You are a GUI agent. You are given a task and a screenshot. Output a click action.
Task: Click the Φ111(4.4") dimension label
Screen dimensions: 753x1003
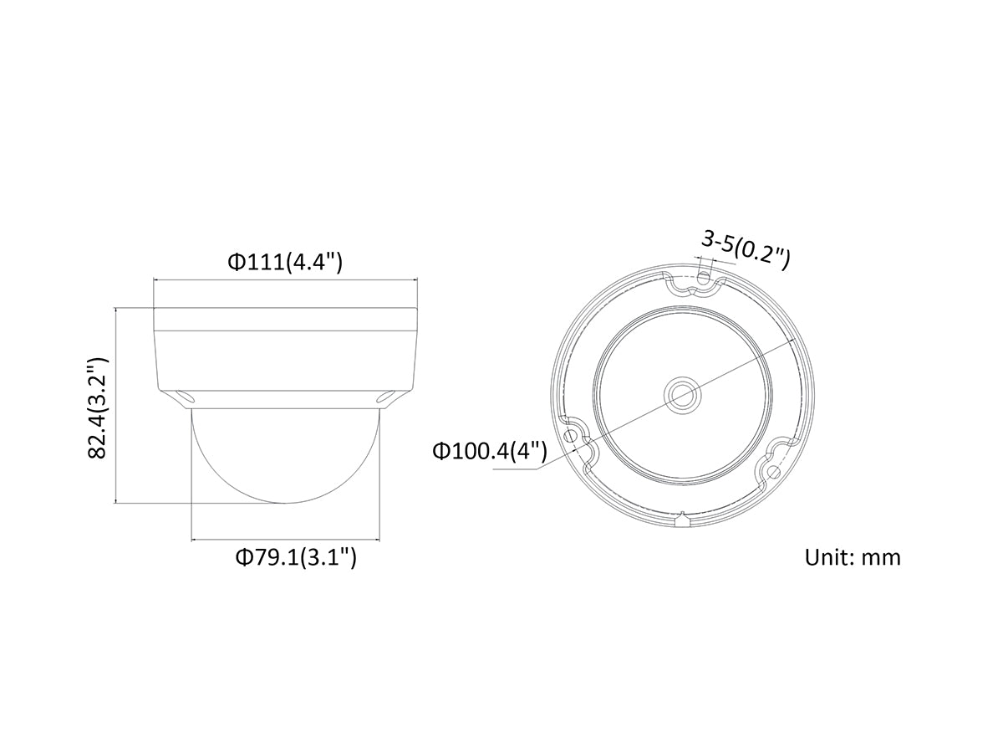[x=285, y=262]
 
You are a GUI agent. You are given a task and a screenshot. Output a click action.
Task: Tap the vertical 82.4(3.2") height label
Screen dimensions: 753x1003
[x=99, y=407]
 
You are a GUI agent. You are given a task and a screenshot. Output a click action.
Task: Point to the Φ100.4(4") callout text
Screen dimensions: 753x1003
[x=489, y=452]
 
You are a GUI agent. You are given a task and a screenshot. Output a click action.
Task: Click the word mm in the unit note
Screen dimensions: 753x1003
[x=881, y=557]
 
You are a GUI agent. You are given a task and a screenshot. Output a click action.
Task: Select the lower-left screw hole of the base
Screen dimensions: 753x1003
[x=572, y=437]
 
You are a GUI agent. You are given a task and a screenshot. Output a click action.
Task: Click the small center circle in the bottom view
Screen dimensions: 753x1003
[x=680, y=392]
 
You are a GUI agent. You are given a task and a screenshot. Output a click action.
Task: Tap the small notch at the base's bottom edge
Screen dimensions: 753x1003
[x=683, y=520]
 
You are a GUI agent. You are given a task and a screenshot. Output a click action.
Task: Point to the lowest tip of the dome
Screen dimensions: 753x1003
[x=285, y=502]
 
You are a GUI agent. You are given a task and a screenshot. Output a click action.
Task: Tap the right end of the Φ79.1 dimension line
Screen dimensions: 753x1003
[x=381, y=539]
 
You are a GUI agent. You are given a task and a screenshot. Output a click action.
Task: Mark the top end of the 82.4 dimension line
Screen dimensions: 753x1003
[x=115, y=307]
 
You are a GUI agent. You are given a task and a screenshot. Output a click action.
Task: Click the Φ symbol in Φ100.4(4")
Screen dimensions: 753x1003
[x=440, y=452]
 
